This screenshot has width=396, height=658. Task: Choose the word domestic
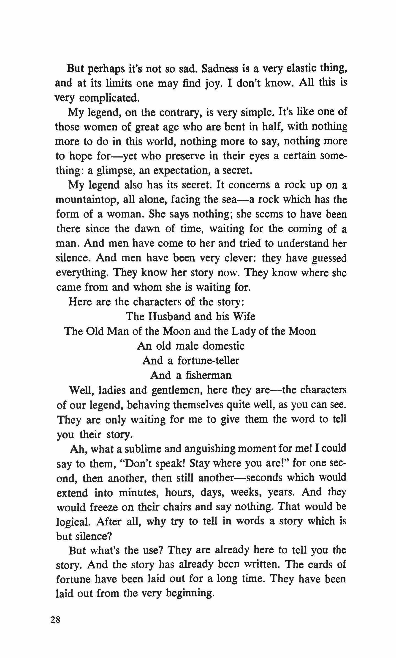point(223,346)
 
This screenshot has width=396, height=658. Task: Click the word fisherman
point(204,375)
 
